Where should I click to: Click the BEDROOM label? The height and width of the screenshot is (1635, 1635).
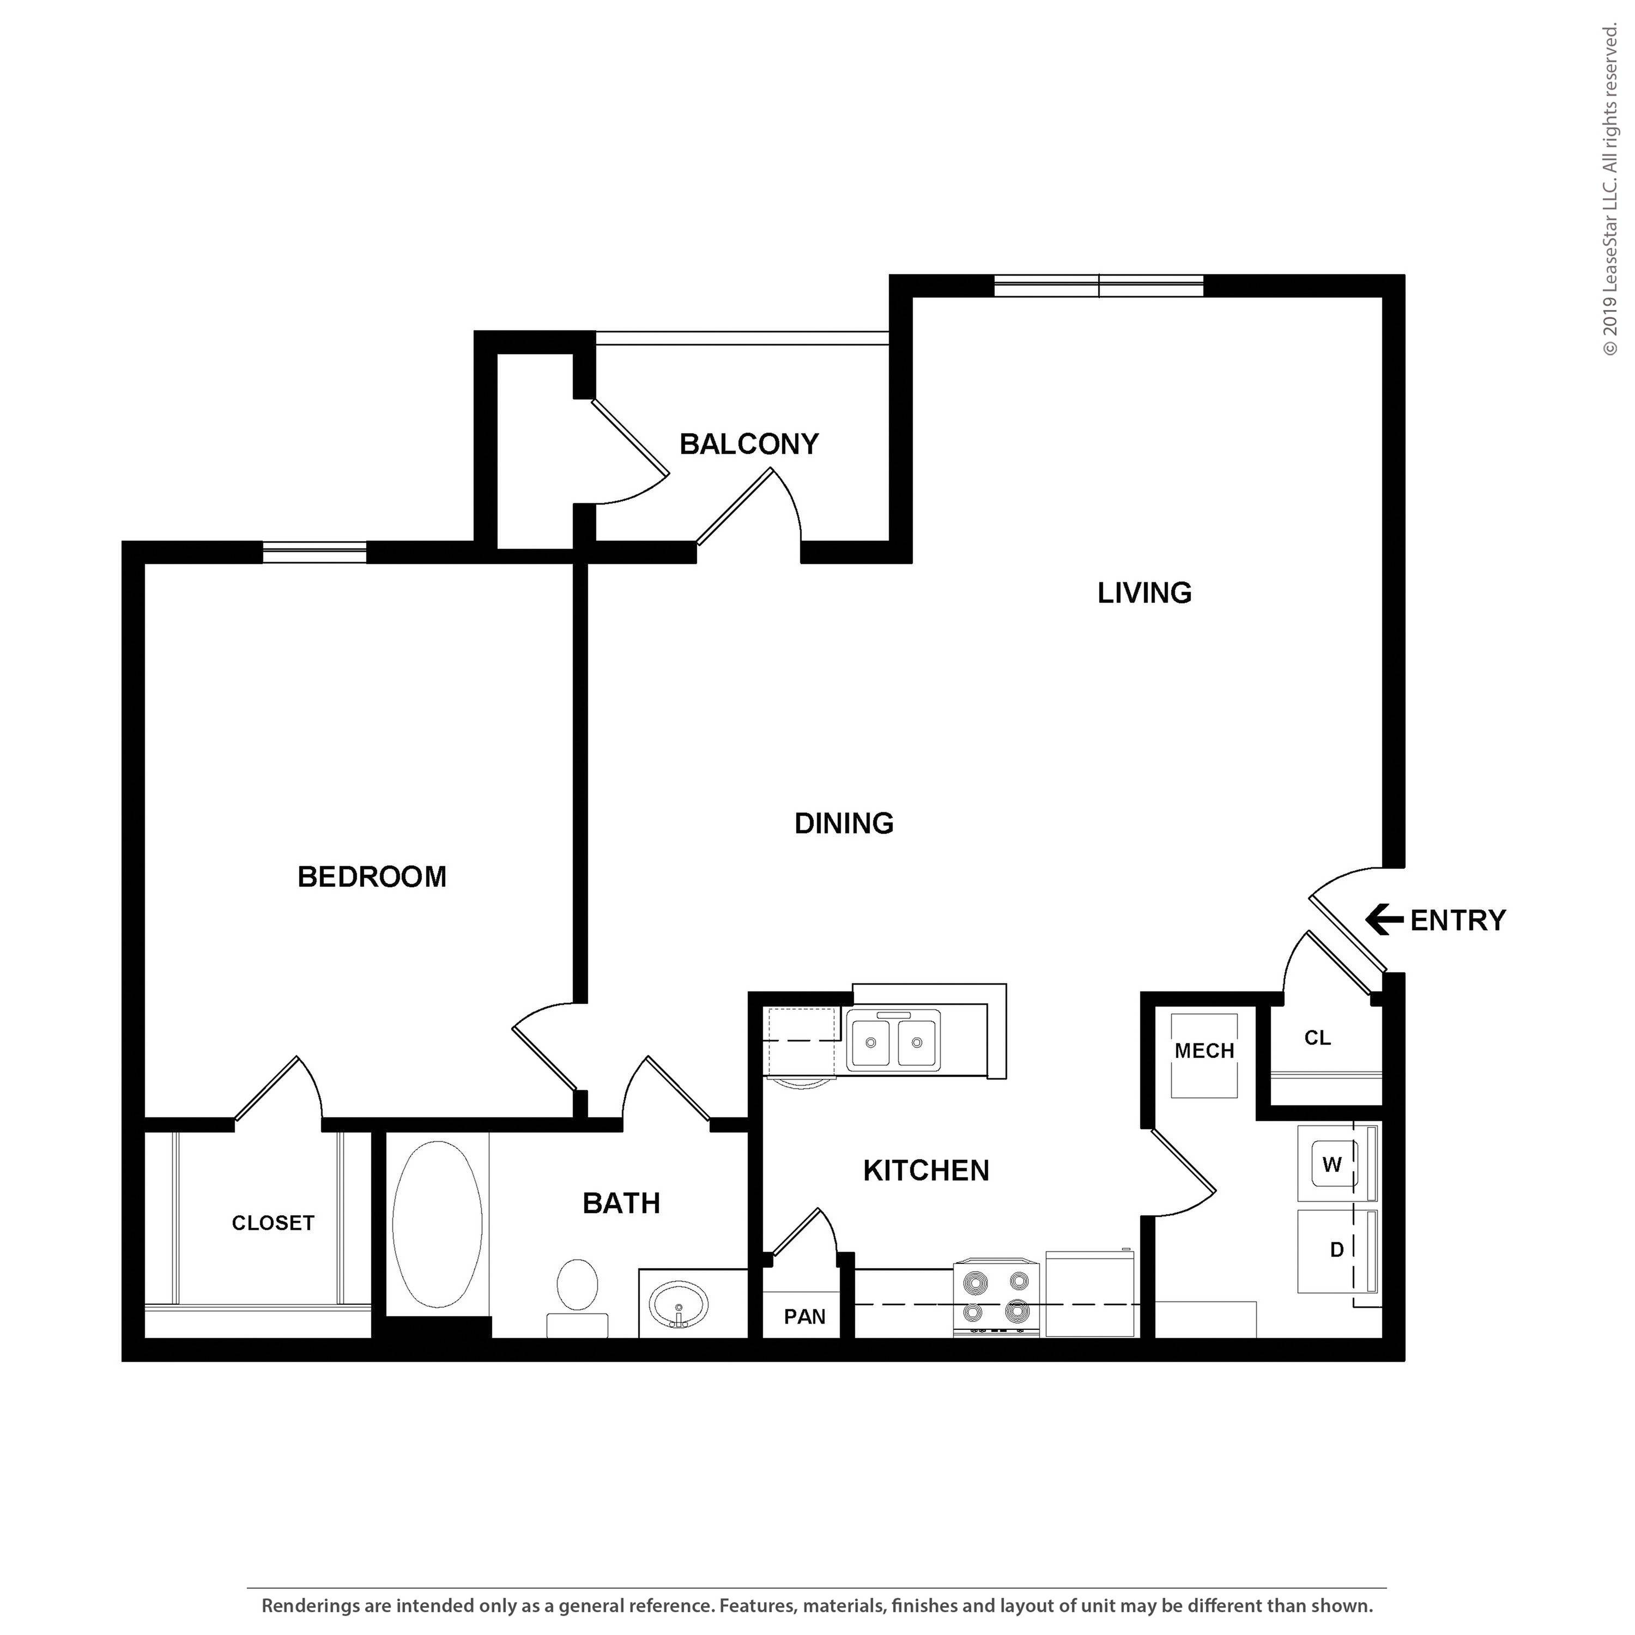372,877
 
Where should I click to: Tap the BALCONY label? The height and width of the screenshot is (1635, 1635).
749,444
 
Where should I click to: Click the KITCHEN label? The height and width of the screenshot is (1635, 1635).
926,1171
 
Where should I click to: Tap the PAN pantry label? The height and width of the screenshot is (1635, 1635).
804,1317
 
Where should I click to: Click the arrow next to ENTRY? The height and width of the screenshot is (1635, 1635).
1384,920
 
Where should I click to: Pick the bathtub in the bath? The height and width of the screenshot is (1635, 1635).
438,1225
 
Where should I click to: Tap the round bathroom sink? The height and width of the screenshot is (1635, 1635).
679,1305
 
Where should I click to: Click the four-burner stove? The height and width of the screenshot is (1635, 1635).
996,1299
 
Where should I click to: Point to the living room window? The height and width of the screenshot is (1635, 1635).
1099,287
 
